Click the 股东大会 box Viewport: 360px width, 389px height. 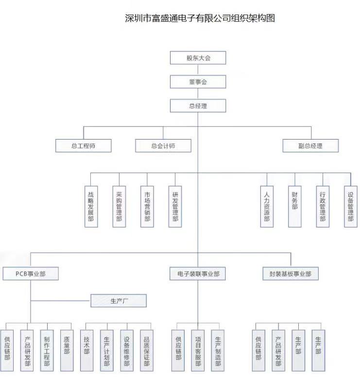198,58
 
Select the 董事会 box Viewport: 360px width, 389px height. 198,82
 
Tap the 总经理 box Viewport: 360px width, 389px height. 198,106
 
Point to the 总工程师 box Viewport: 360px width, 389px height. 84,145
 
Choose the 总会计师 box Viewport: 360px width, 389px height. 163,145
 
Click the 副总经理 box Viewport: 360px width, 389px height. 310,145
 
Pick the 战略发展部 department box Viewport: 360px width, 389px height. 91,207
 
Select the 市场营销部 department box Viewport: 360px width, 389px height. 147,207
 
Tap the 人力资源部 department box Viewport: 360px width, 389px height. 266,207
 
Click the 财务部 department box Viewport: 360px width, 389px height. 294,207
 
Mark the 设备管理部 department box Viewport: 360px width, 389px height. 350,207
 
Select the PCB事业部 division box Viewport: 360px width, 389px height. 31,274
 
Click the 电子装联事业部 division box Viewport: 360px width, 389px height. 198,274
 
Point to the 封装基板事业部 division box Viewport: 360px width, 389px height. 291,274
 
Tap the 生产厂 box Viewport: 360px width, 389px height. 119,301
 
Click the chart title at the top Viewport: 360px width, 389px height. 200,18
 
